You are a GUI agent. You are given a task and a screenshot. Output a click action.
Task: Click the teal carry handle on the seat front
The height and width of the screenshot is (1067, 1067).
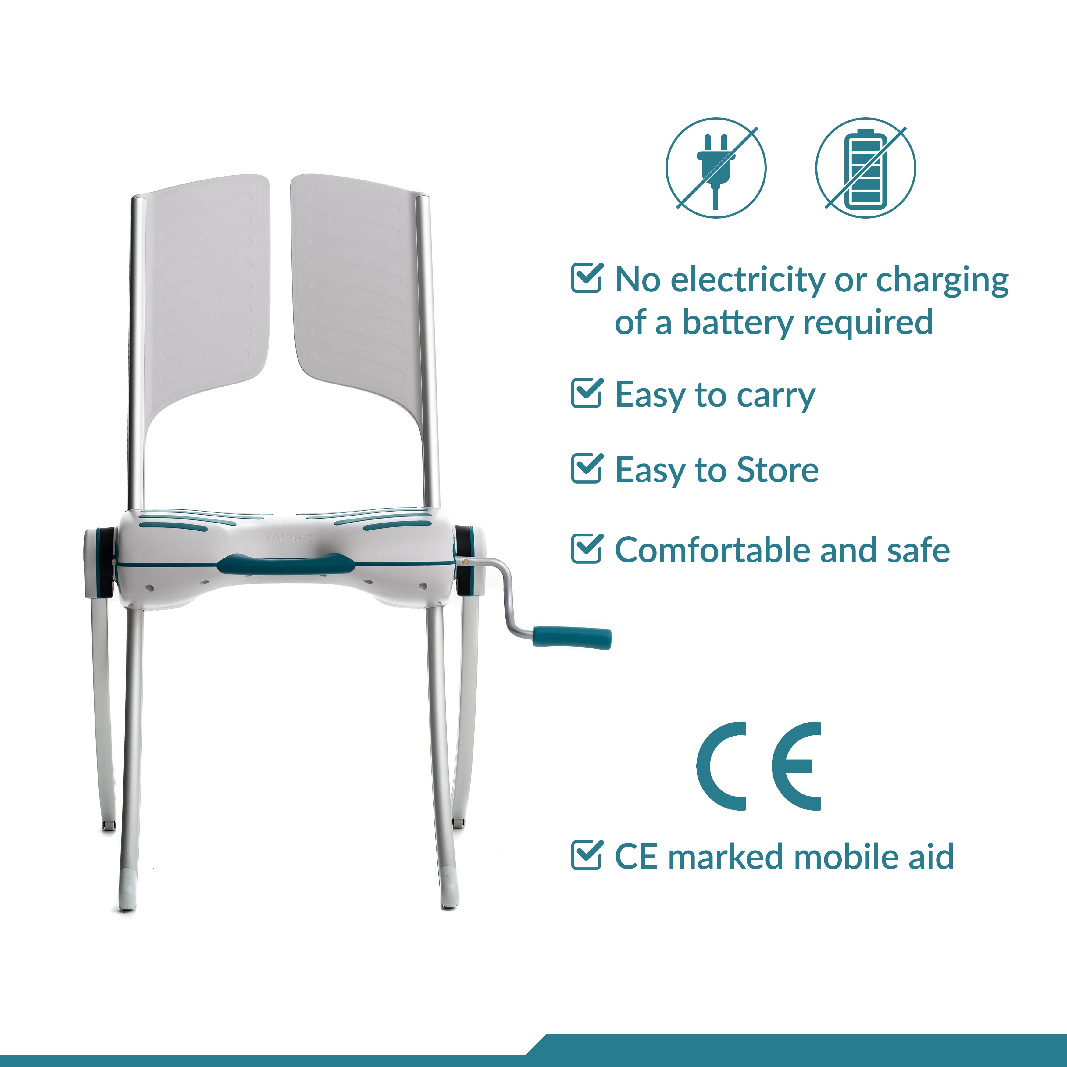[x=286, y=564]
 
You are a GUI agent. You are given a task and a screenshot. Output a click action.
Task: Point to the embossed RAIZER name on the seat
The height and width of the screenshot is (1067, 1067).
[x=286, y=538]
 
